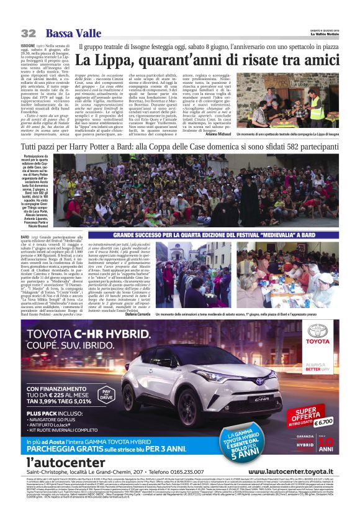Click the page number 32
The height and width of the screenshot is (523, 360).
pos(27,32)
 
